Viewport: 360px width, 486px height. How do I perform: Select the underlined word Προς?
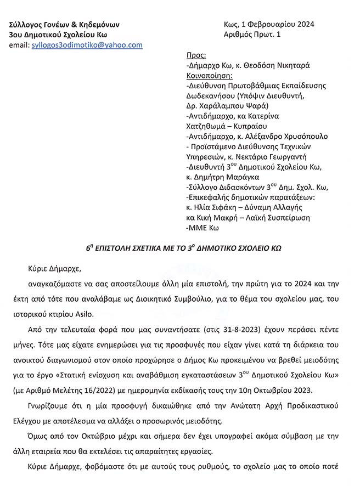point(196,55)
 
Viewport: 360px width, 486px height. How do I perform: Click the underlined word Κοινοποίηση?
point(210,75)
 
